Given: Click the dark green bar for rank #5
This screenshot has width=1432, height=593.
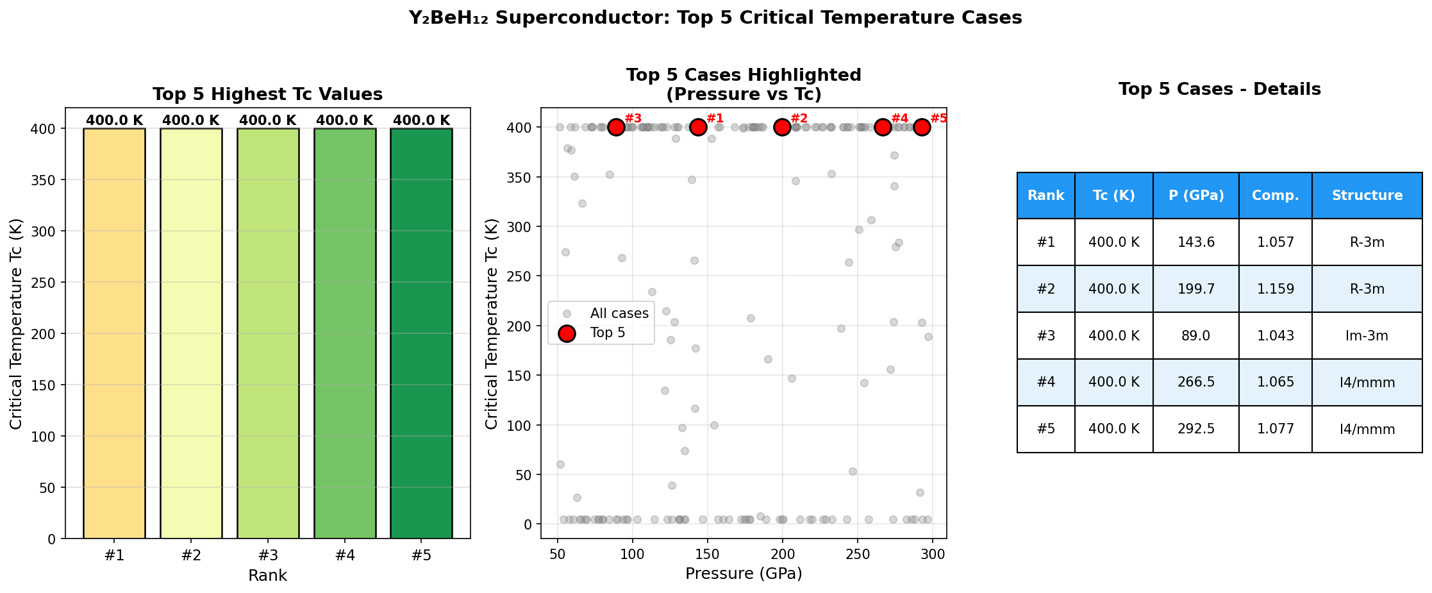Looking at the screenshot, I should [x=421, y=333].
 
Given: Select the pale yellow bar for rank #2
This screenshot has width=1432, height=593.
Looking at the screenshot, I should [x=191, y=333].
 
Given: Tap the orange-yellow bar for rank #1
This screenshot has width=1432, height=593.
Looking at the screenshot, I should [x=114, y=333].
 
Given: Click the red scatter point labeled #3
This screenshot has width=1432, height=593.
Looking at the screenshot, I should [x=616, y=128].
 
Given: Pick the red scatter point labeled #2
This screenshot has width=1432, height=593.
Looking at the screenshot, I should [x=782, y=128].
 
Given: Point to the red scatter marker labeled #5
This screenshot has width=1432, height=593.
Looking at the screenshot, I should [x=922, y=128].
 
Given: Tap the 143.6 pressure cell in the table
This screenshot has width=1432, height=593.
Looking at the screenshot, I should [x=1195, y=242].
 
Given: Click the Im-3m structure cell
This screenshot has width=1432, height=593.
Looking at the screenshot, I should [x=1367, y=336].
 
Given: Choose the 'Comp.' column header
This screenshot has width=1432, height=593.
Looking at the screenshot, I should [x=1275, y=196].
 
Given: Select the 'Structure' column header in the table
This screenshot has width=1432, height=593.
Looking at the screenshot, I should [x=1367, y=196].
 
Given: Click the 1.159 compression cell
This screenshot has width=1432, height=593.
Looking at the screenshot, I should [x=1275, y=289].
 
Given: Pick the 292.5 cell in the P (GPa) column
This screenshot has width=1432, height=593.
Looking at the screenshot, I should [x=1195, y=429].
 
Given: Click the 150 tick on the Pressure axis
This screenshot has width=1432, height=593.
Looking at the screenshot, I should [x=707, y=555].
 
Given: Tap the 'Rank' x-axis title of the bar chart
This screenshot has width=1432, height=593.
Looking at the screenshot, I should [x=267, y=576].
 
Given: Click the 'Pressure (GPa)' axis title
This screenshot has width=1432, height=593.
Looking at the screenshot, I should [x=744, y=573].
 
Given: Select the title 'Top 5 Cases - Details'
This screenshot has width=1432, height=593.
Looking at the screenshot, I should [x=1219, y=89].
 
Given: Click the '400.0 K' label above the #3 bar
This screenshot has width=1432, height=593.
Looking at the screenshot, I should [x=267, y=121].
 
